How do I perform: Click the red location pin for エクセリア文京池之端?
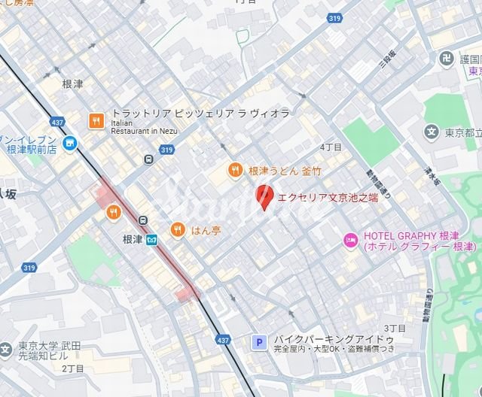pyautogui.click(x=264, y=197)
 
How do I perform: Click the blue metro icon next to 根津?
pyautogui.click(x=152, y=240)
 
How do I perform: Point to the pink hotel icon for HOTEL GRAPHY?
pyautogui.click(x=349, y=241)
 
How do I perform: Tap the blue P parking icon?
pyautogui.click(x=259, y=343)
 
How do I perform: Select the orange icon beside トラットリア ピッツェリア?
pyautogui.click(x=96, y=120)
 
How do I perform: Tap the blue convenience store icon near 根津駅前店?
pyautogui.click(x=69, y=143)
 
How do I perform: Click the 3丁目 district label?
pyautogui.click(x=395, y=329)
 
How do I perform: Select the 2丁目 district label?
pyautogui.click(x=73, y=368)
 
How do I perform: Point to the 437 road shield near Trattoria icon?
pyautogui.click(x=57, y=121)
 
